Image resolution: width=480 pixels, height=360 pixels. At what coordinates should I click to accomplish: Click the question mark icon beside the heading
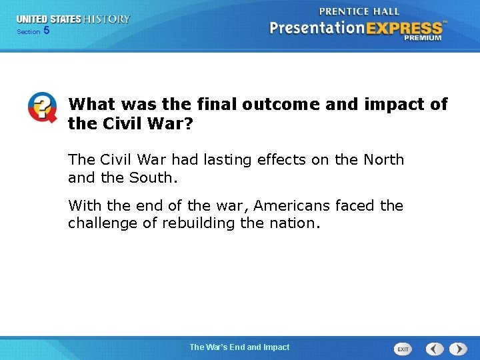pos(42,107)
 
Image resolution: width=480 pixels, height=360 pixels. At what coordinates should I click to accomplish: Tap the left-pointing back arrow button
pos(435,349)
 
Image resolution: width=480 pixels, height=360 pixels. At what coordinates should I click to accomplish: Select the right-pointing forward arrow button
pos(458,349)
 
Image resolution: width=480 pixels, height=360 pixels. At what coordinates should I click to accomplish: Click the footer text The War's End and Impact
pos(239,347)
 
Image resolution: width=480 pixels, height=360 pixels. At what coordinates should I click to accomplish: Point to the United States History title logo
pos(73,19)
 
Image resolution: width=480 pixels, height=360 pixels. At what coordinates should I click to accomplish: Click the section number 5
pos(46,31)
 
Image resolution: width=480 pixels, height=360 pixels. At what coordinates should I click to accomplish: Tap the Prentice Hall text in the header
pos(359,11)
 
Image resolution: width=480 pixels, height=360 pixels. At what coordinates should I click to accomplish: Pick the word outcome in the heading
pos(279,105)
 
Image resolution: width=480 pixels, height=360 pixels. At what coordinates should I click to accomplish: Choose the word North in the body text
pos(383,160)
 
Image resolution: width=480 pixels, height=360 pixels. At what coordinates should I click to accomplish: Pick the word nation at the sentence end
pos(293,223)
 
